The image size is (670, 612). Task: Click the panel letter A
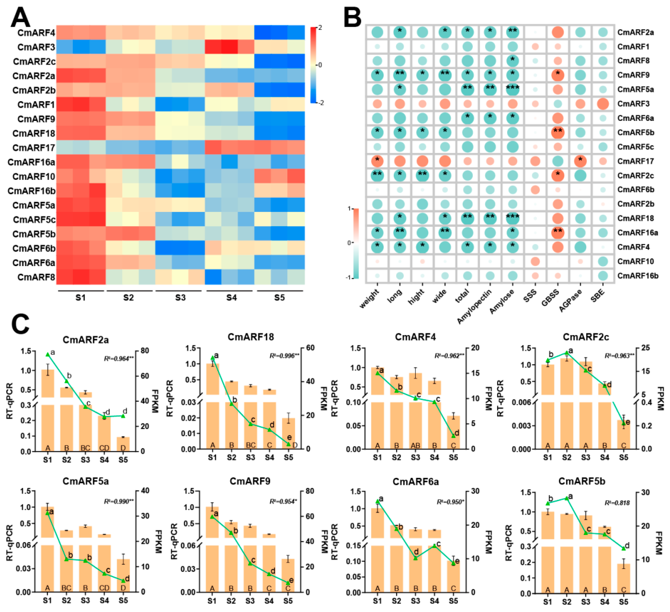click(x=21, y=17)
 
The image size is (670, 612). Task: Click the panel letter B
click(x=352, y=17)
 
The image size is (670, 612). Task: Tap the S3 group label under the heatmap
click(x=180, y=298)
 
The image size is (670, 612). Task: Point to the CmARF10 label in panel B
click(x=635, y=261)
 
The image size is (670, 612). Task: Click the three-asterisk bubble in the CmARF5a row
click(x=512, y=89)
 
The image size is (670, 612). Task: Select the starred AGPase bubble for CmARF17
click(x=580, y=161)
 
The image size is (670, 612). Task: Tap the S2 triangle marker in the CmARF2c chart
click(x=567, y=353)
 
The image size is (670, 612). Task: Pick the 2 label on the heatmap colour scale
click(x=320, y=28)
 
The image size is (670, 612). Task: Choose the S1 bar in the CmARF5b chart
click(x=548, y=551)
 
